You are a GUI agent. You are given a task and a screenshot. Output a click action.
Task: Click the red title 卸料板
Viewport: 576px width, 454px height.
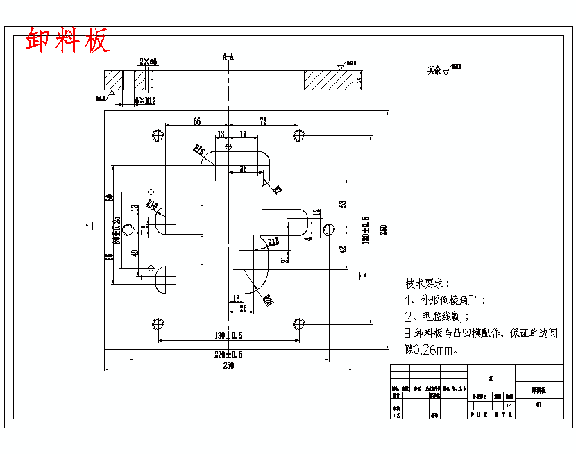[67, 40]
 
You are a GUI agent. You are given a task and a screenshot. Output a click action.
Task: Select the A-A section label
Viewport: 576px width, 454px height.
[228, 57]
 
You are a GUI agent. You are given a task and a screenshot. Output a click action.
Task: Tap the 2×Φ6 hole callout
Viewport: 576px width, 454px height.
[149, 62]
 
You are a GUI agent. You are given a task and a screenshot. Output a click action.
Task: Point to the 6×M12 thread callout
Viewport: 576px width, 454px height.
[145, 101]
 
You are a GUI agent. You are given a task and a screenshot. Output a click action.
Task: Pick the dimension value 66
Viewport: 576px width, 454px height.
[197, 121]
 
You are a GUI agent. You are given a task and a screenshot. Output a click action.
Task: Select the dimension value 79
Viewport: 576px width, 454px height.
[263, 121]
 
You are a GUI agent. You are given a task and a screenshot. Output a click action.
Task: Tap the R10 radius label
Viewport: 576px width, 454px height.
[152, 206]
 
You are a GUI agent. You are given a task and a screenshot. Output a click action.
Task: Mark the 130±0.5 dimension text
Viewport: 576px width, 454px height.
[228, 335]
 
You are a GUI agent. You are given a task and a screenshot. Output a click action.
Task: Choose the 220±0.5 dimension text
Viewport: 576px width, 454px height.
[228, 354]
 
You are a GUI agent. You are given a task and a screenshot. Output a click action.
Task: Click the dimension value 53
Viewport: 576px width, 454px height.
[343, 204]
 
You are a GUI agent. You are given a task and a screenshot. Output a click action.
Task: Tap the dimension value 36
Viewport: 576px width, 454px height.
[243, 169]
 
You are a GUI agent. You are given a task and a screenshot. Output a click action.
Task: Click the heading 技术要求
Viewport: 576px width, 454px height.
[427, 284]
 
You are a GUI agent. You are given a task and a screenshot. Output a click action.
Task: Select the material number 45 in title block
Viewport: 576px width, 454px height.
[491, 378]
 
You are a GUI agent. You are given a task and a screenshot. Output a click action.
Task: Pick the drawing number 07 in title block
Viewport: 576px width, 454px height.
[539, 405]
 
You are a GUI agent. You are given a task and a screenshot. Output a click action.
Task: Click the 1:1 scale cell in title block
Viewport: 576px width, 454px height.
[509, 405]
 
